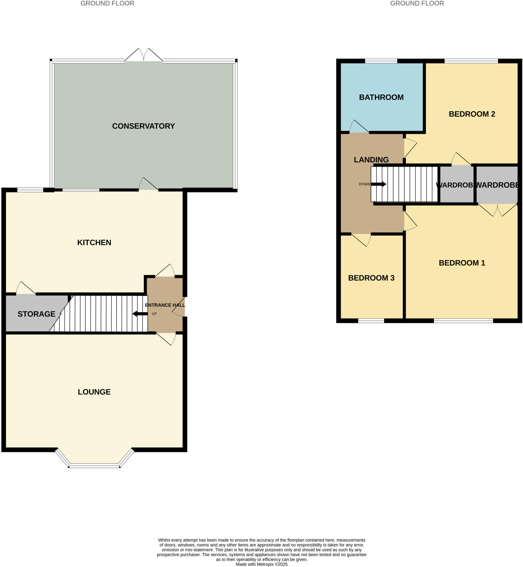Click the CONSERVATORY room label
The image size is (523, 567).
(143, 126)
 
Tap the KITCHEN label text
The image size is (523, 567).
(94, 243)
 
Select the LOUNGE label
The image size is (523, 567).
(94, 392)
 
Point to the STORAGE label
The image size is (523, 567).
(36, 314)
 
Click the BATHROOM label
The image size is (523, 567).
(381, 97)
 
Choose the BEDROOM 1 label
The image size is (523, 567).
(462, 263)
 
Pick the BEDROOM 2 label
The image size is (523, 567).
(472, 114)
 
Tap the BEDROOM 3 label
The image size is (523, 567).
(371, 278)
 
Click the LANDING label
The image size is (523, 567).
(371, 160)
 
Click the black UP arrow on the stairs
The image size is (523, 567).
(140, 314)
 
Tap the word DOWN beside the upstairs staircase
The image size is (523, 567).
(364, 184)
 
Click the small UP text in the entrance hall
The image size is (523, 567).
(154, 314)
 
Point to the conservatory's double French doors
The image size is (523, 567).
(144, 56)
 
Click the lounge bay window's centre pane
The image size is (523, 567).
(94, 465)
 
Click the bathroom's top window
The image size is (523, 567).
(381, 61)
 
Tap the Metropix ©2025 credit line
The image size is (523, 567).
(262, 564)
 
